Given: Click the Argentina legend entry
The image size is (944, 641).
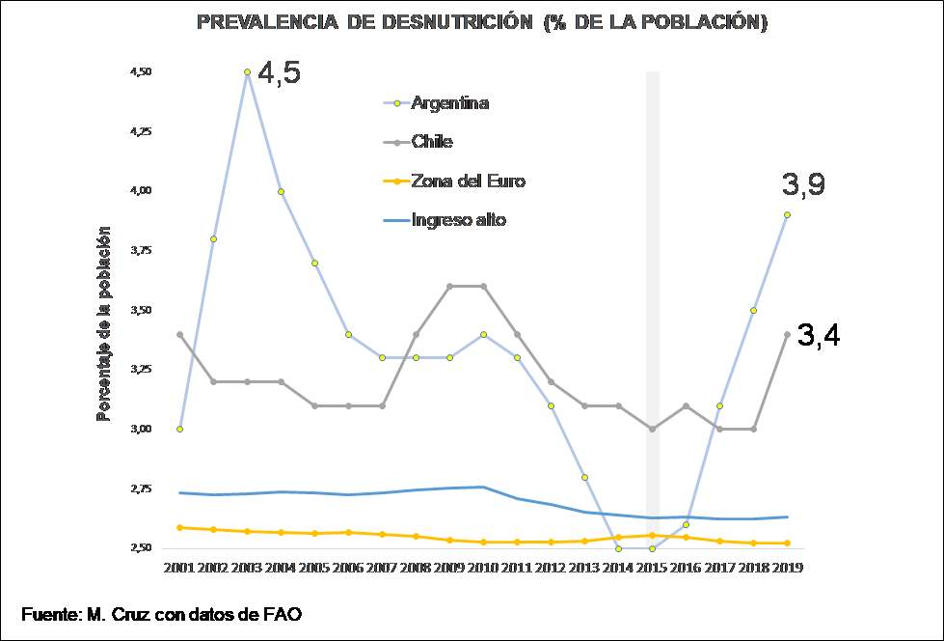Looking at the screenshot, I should [449, 102].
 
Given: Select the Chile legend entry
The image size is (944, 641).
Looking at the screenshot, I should [431, 142].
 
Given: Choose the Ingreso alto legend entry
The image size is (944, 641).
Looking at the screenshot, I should [458, 220].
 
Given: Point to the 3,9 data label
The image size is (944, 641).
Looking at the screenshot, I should [803, 186].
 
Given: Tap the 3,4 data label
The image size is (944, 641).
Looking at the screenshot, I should [819, 335].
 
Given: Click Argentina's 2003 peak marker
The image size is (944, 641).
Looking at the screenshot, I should [247, 72].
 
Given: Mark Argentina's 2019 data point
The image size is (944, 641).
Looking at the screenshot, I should [787, 215].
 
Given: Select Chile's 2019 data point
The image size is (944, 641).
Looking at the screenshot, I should [787, 334].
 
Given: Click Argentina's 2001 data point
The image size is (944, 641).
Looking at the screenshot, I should [180, 429].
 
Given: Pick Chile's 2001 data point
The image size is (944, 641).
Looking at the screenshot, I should [180, 334].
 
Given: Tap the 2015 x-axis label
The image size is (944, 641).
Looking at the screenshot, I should [652, 569].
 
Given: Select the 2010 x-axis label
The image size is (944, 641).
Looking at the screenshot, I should [482, 569].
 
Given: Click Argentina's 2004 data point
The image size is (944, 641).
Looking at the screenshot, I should [281, 191].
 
